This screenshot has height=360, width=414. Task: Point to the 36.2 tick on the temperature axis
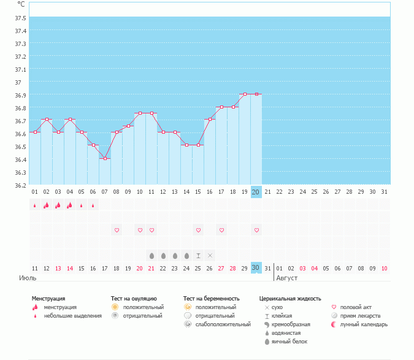click(21, 185)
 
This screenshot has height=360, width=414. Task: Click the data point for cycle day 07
click(105, 158)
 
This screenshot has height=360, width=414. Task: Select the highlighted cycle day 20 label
click(256, 192)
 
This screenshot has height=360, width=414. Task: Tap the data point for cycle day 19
click(245, 94)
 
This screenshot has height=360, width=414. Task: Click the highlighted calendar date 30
click(256, 267)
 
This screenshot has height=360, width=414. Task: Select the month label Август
click(287, 278)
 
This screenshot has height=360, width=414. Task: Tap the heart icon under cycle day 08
click(117, 230)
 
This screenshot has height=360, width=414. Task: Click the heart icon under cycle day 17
click(221, 230)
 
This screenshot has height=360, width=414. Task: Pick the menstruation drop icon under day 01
click(35, 206)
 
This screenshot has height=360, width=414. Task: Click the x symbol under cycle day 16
click(210, 255)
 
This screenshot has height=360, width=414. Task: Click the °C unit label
click(21, 4)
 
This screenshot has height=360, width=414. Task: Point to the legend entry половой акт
click(356, 307)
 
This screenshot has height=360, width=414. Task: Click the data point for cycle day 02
click(47, 120)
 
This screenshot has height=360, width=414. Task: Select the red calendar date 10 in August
click(385, 268)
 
